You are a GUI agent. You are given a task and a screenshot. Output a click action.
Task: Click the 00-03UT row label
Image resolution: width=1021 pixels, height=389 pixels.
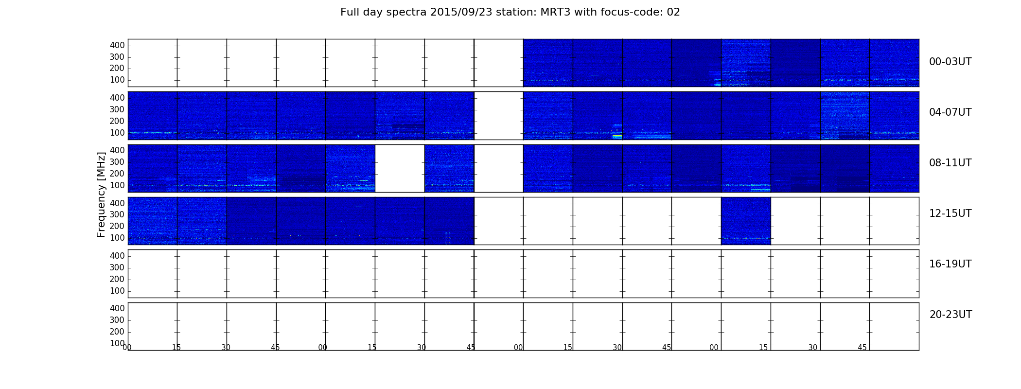[x=950, y=62]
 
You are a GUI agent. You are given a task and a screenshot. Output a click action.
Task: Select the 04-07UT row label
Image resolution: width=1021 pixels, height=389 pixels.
[x=950, y=112]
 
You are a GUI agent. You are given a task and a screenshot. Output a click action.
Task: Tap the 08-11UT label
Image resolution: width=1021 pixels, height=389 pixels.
[x=950, y=163]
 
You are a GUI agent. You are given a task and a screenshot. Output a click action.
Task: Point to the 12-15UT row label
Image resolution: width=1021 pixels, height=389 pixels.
[x=950, y=213]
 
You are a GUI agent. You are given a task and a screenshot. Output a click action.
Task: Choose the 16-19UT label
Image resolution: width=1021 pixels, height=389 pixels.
[x=950, y=264]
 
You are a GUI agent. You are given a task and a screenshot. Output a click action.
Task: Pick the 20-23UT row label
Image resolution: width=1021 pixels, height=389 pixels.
[x=951, y=315]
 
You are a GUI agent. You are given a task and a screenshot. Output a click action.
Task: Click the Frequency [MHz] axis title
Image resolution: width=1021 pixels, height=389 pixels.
[x=101, y=194]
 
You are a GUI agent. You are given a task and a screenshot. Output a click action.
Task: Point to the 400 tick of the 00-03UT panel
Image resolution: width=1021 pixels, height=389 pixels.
[x=117, y=45]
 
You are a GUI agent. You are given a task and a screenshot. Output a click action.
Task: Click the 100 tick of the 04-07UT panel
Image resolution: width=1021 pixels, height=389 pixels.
[x=117, y=133]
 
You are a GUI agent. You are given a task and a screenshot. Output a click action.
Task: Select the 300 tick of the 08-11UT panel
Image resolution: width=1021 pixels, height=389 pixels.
[x=117, y=162]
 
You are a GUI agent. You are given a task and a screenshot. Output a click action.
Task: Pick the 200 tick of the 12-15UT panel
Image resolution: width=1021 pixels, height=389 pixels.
[x=117, y=226]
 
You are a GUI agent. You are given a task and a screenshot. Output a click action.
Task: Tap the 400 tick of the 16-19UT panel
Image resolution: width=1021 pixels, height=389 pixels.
[x=117, y=256]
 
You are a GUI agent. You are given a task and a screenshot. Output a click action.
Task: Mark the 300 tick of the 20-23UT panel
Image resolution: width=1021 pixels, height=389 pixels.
[x=117, y=320]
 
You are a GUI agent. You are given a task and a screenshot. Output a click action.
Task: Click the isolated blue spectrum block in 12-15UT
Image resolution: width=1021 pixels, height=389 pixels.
[x=746, y=221]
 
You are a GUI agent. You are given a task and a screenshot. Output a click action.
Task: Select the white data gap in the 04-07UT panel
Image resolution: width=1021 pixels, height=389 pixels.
[x=499, y=116]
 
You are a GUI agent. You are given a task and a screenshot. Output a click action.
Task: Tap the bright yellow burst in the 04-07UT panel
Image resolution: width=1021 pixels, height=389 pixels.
[x=617, y=137]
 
